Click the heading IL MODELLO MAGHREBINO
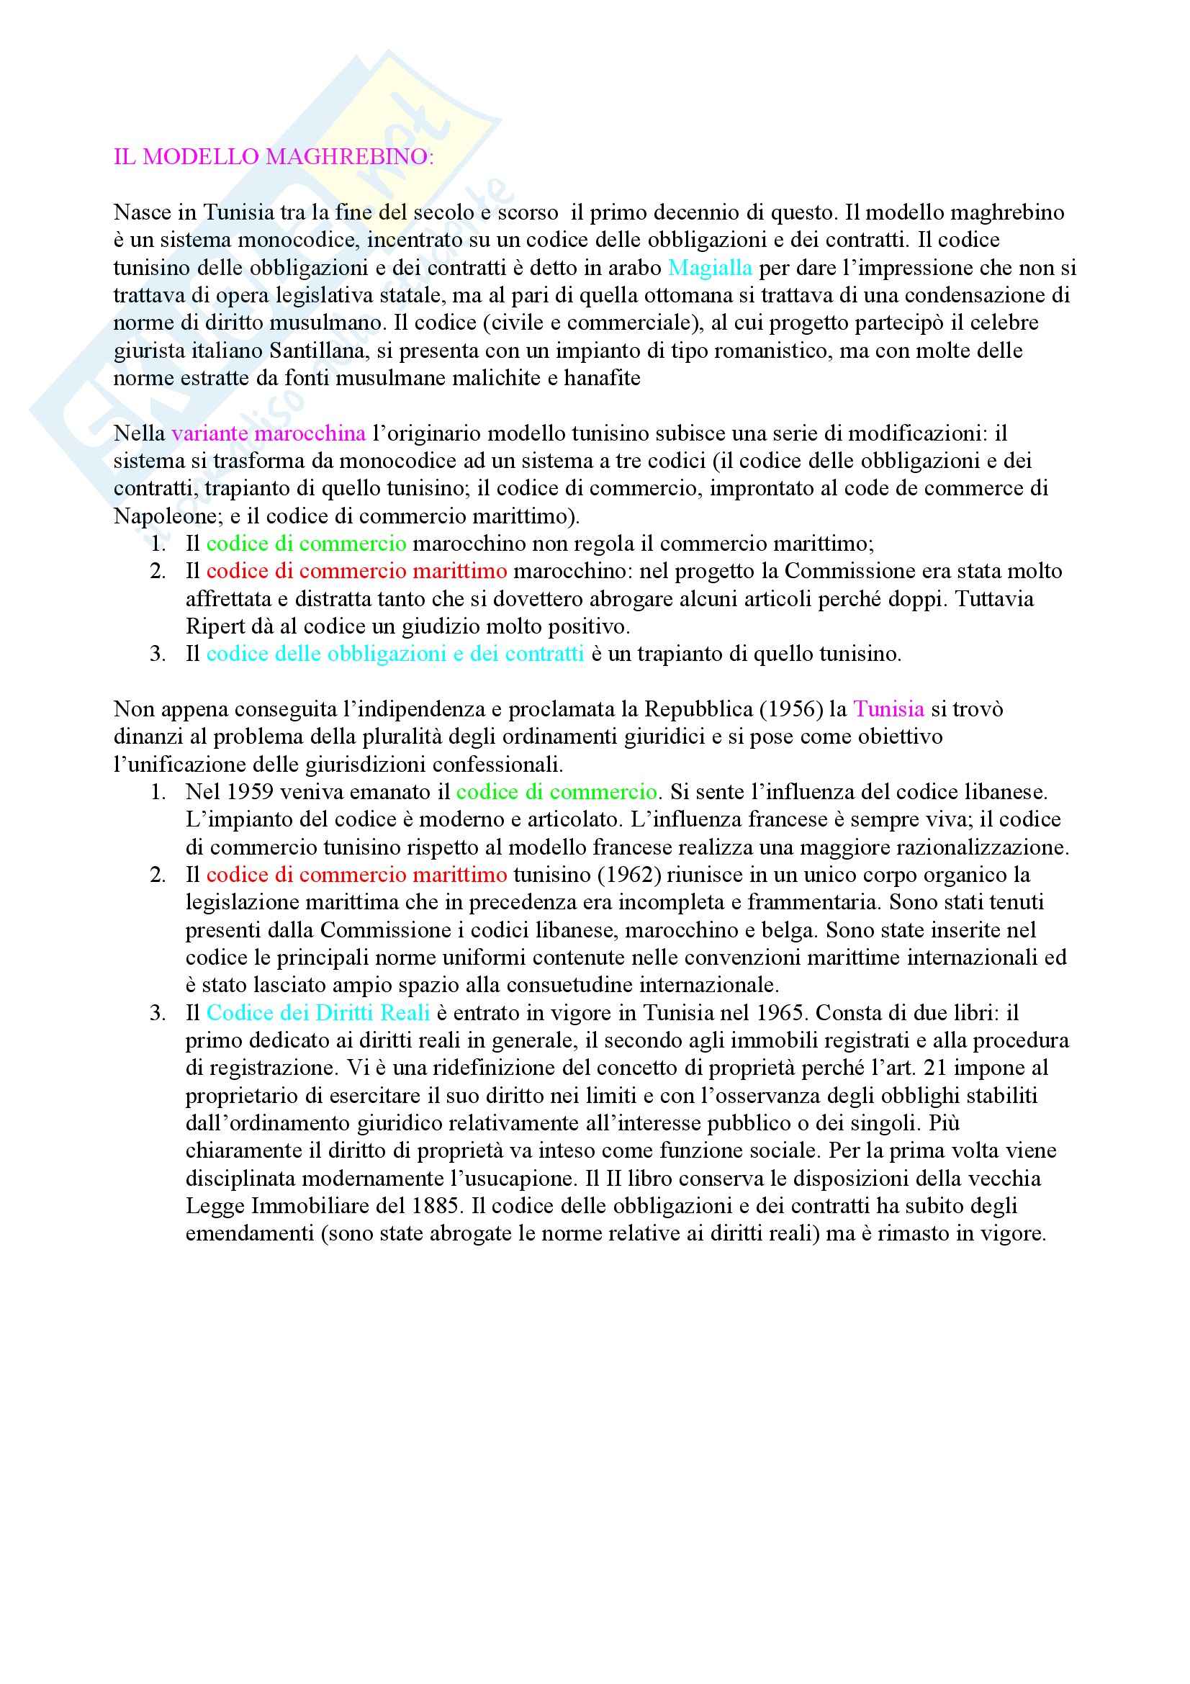tap(273, 157)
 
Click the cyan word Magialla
tap(710, 268)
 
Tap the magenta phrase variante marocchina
tap(269, 433)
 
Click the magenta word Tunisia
tap(888, 709)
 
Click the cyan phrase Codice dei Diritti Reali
tap(317, 1013)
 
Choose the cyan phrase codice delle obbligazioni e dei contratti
tap(395, 654)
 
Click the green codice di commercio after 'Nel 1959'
tap(556, 792)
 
